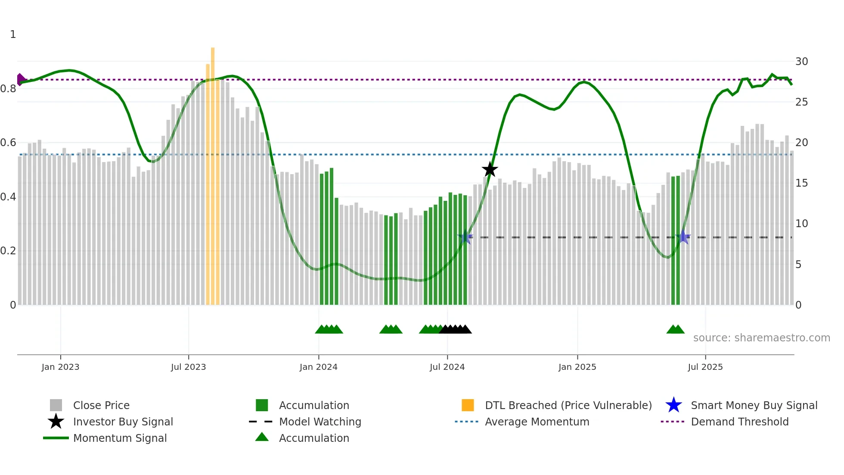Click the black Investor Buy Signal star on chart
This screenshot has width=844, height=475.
pos(490,169)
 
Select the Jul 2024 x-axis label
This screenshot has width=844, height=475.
pos(447,367)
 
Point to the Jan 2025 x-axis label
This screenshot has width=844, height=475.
pos(577,367)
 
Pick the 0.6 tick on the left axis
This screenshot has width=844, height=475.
pos(9,143)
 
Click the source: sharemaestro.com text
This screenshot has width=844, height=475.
pos(761,338)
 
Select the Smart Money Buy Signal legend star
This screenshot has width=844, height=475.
pos(673,405)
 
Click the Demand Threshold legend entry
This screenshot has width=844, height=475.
pos(739,422)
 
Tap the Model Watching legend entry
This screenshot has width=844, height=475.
pos(320,422)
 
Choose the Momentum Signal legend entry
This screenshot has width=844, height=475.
pos(120,438)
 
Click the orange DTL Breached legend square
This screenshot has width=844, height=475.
pos(468,405)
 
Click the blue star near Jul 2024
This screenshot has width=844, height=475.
pos(465,237)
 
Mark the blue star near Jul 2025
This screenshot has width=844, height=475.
pos(683,237)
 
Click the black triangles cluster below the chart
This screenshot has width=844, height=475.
pos(456,329)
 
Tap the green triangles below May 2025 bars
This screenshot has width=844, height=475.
pos(675,329)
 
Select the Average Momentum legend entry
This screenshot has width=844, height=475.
pos(537,422)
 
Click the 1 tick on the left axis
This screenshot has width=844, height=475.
pos(13,34)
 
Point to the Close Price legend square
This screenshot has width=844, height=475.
pos(56,405)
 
